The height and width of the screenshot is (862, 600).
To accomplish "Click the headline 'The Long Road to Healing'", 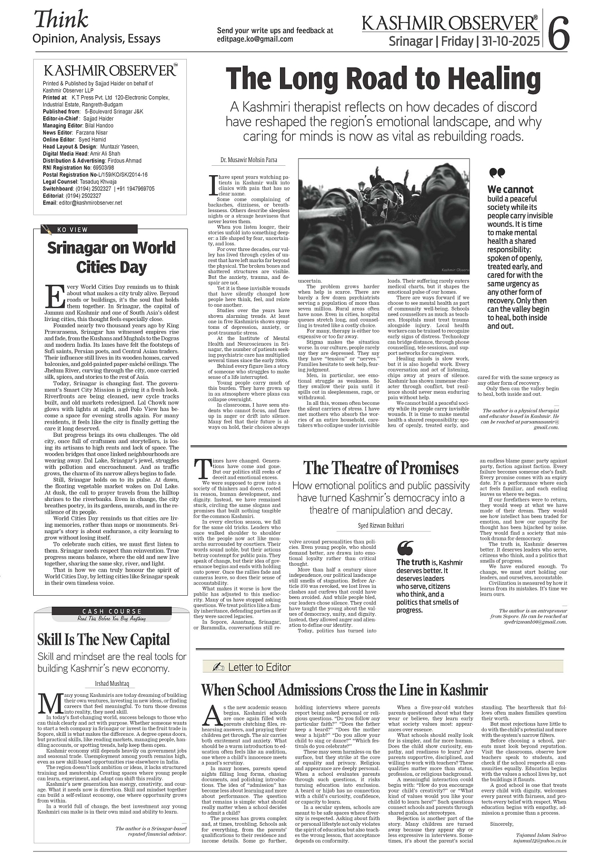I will [x=383, y=79].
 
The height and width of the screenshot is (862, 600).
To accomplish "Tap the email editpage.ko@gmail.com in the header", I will [x=255, y=39].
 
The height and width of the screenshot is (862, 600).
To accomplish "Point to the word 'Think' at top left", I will [x=61, y=19].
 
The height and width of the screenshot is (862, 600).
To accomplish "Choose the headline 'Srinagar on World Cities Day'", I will [x=111, y=257].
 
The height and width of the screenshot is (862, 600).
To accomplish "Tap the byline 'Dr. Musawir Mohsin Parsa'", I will [x=248, y=159].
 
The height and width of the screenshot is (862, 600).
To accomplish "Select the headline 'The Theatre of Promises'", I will [x=381, y=468].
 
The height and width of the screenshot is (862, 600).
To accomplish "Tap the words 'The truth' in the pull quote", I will [x=413, y=562].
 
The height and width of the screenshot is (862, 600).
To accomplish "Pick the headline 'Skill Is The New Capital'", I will [x=104, y=639].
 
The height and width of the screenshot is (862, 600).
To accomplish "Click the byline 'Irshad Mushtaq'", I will [x=111, y=684].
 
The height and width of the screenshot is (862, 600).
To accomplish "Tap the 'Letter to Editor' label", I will [x=258, y=667].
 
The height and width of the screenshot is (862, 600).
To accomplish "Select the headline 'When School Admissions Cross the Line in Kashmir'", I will [x=344, y=689].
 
